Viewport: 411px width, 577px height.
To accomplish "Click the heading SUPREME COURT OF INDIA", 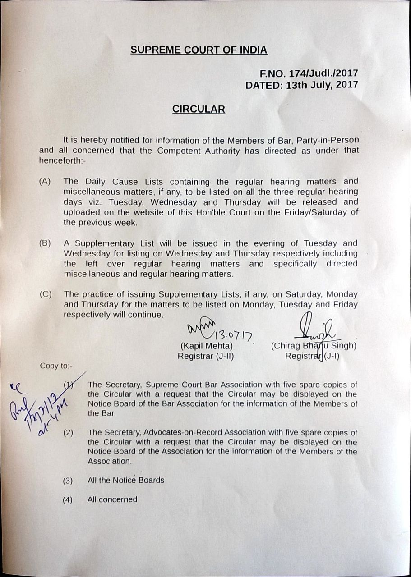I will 199,50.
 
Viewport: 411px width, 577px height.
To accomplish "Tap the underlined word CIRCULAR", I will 199,109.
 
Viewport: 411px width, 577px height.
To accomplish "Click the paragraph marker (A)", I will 45,181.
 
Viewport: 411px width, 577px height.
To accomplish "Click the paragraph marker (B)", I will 45,243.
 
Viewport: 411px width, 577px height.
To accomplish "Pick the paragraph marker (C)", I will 45,294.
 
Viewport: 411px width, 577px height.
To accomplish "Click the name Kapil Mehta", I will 206,346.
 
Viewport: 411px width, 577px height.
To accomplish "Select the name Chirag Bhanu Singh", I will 314,346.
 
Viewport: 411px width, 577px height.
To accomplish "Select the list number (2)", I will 68,433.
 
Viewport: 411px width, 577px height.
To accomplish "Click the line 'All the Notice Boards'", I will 125,480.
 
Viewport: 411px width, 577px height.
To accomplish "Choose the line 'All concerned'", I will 112,499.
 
